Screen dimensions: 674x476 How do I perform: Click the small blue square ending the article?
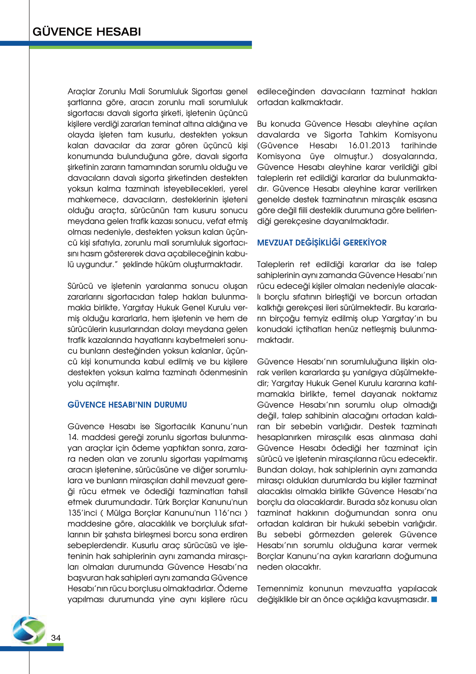point(434,599)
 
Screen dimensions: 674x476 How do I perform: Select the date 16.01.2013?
point(369,146)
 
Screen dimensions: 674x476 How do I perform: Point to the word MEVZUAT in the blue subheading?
point(275,243)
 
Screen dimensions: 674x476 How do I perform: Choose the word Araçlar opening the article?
point(81,92)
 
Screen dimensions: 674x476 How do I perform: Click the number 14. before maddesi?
point(73,437)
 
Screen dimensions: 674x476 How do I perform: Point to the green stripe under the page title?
point(140,47)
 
